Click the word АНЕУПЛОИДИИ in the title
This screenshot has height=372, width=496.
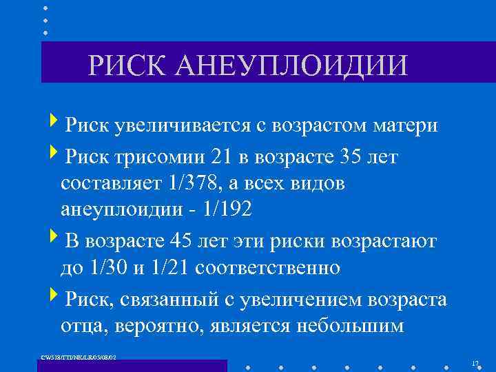pyautogui.click(x=293, y=67)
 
